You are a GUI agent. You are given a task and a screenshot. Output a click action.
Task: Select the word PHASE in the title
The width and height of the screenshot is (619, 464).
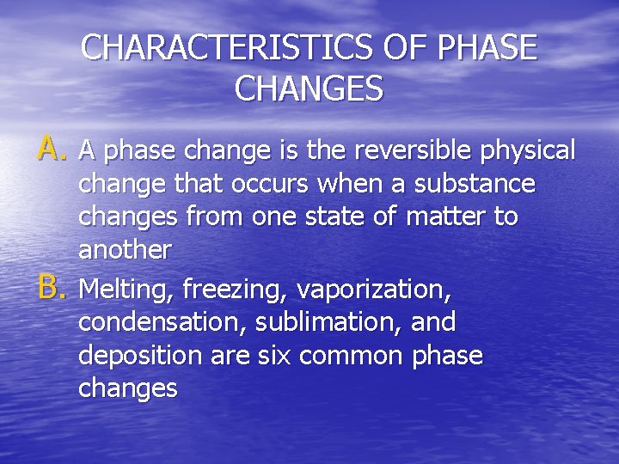click(487, 48)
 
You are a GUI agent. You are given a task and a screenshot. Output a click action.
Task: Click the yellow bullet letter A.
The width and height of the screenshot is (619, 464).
click(51, 150)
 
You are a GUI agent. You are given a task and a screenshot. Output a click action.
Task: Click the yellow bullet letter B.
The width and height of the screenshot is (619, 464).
click(51, 290)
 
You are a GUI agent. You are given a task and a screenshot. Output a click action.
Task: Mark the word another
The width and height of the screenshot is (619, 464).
click(125, 250)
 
